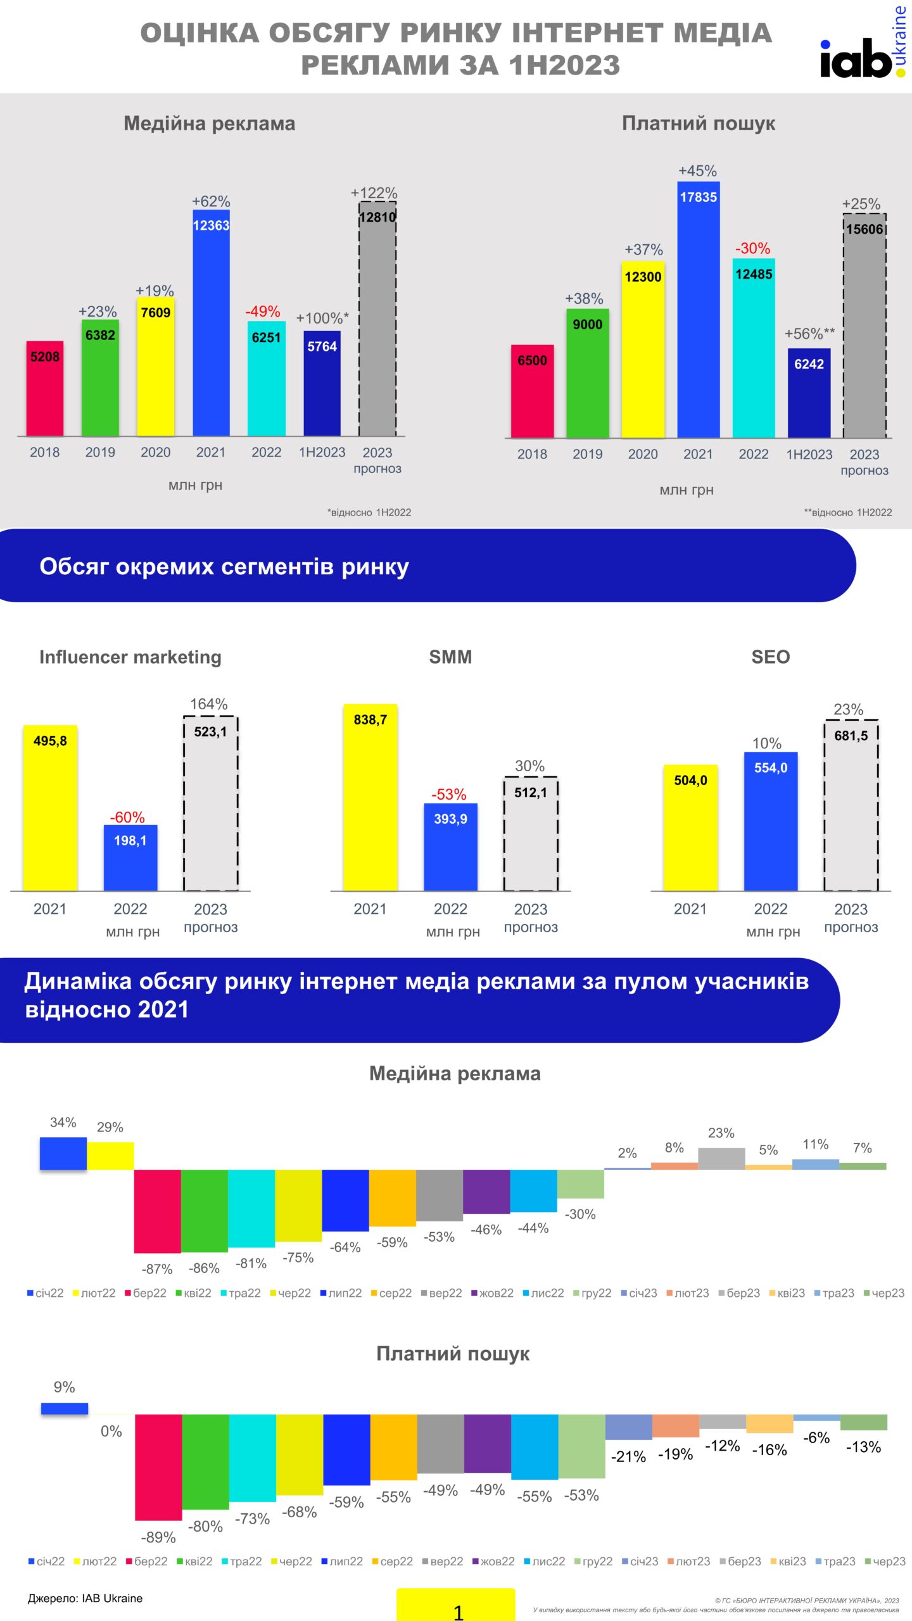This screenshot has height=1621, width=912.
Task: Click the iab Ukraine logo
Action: point(863,51)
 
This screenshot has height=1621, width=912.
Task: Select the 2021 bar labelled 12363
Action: point(211,323)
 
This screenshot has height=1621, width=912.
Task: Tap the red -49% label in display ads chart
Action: point(263,312)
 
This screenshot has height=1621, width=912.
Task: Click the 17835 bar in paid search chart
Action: point(698,310)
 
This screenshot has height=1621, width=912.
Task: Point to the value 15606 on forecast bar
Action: point(864,229)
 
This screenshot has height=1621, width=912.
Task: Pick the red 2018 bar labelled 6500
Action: point(532,391)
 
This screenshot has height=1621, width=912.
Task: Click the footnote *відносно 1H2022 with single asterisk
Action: point(369,512)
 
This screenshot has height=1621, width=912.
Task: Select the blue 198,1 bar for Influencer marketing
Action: point(130,858)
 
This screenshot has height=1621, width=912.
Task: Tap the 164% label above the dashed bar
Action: point(209,704)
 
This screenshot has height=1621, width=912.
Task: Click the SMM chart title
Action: point(450,657)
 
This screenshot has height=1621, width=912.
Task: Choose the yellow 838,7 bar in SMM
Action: point(370,798)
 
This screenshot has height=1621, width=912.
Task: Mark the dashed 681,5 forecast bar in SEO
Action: point(851,805)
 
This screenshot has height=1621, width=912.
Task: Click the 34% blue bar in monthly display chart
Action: point(63,1154)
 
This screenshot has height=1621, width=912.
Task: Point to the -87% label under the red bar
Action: point(157,1269)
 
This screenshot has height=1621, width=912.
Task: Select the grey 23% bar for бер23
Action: point(721,1159)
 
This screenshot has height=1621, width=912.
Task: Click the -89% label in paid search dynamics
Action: point(158,1537)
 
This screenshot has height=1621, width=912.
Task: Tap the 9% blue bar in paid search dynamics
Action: point(65,1409)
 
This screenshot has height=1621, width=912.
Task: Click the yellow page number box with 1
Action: point(456,1605)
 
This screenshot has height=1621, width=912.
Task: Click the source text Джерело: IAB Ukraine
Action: point(85,1598)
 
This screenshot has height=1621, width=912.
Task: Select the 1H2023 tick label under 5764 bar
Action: point(322,452)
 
